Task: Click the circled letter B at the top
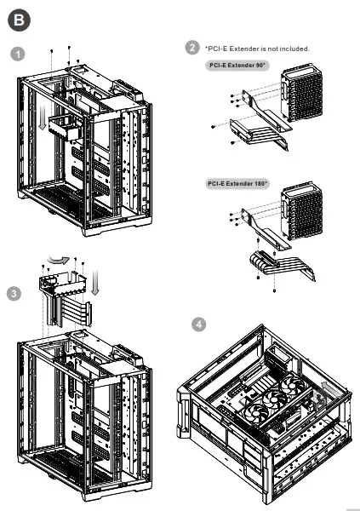coord(20,17)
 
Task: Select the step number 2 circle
coord(192,48)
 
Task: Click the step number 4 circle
coord(198,324)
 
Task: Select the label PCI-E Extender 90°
coord(238,65)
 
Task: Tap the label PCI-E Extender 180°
coord(238,183)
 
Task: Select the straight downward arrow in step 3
coord(95,281)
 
